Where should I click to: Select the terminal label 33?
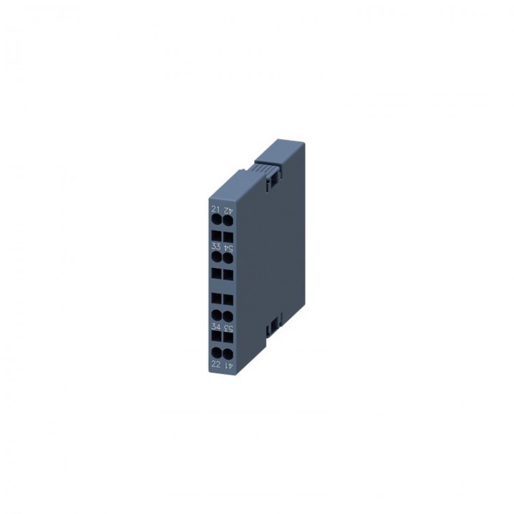tap(215, 247)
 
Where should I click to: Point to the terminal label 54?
tap(228, 247)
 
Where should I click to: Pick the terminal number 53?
tap(229, 328)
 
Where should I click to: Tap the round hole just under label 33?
tap(216, 258)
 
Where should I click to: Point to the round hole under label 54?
tap(228, 258)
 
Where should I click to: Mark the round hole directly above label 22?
tap(217, 353)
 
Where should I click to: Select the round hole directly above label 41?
tap(229, 354)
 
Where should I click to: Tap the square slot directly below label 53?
tap(229, 338)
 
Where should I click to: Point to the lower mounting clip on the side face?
tap(273, 320)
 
